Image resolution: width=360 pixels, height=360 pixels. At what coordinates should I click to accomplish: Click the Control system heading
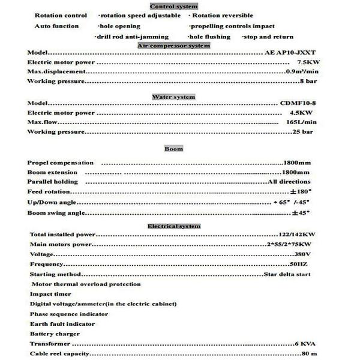(173, 6)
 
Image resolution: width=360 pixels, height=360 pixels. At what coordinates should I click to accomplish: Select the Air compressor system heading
(174, 46)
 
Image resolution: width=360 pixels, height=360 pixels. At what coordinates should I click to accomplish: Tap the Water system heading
(174, 97)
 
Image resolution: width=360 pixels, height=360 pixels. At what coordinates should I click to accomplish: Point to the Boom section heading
(174, 148)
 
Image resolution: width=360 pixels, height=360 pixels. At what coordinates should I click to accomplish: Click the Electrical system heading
(174, 226)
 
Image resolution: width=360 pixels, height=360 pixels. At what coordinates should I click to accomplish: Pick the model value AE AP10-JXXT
(287, 53)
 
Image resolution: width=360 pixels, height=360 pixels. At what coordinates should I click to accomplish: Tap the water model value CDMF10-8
(298, 103)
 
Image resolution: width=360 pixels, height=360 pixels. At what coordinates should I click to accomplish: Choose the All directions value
(289, 182)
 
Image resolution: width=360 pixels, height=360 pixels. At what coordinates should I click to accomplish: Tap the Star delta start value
(287, 274)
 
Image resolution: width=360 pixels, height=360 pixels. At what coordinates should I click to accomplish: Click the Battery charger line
(55, 334)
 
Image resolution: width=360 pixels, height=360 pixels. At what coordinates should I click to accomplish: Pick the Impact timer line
(52, 294)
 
